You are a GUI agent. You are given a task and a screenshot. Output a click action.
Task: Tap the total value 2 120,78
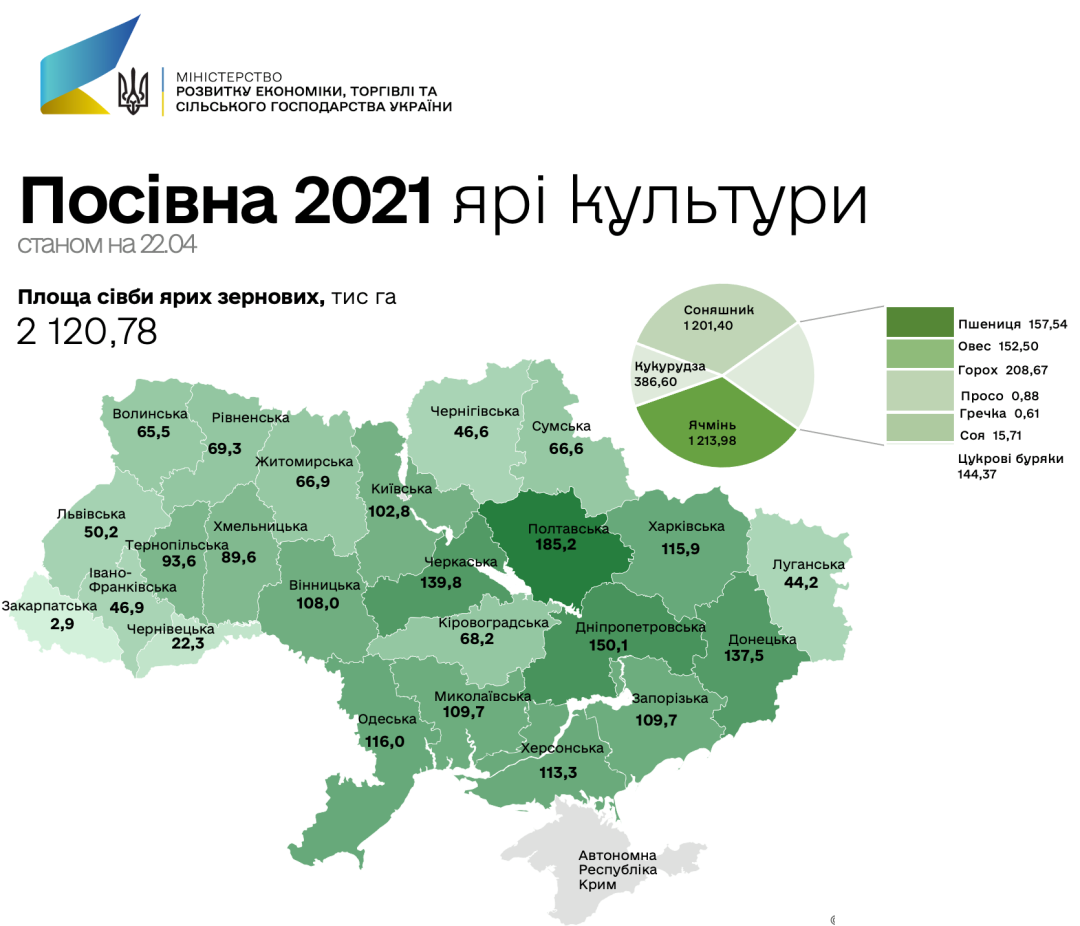(87, 332)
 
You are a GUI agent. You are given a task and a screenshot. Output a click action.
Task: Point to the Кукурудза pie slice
(669, 375)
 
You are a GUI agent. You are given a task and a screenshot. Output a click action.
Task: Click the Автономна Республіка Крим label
(617, 870)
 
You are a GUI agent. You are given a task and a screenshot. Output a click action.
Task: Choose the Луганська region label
(809, 565)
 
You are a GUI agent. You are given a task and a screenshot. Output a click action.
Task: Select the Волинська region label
(150, 414)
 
